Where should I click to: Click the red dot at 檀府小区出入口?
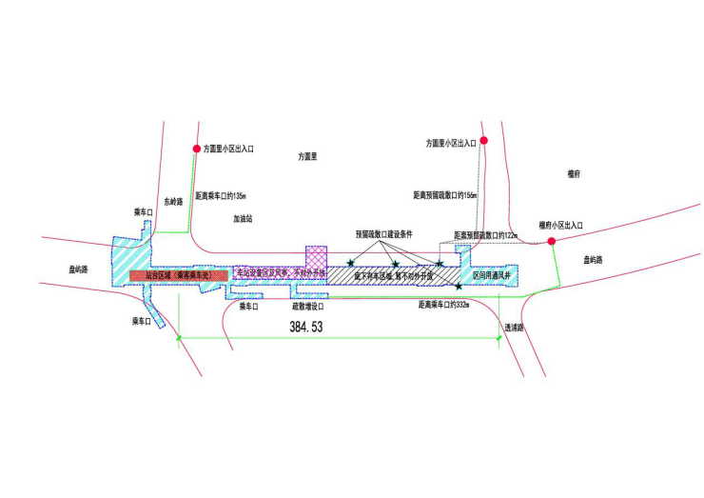coord(552,242)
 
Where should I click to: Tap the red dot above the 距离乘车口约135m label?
coord(197,149)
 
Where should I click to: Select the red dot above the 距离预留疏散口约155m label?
coord(484,141)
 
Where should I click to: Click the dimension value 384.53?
coord(306,327)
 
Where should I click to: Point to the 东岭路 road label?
coord(171,201)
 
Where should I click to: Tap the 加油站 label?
coord(244,218)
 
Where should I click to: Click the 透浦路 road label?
coord(515,327)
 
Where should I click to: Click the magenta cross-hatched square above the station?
coord(316,257)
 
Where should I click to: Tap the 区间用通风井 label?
coord(492,274)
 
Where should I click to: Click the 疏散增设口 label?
coord(308,307)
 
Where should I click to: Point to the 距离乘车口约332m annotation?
coord(443,306)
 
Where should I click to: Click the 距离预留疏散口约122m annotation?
coord(484,233)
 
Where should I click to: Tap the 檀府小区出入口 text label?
coord(560,225)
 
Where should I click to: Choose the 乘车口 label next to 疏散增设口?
coord(249,307)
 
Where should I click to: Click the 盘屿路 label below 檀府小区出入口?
coord(593,259)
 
